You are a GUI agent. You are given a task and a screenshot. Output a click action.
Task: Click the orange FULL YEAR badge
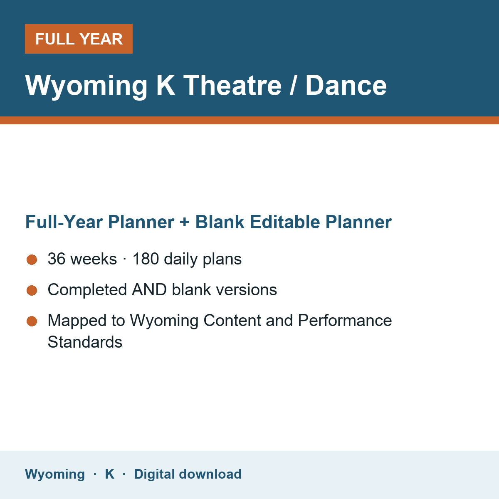79,39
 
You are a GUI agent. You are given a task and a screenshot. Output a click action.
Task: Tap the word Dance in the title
346,85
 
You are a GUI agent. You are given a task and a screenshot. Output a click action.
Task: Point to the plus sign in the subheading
184,222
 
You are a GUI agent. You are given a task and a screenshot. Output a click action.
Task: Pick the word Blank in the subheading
220,222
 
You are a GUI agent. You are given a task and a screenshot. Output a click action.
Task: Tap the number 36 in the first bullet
57,259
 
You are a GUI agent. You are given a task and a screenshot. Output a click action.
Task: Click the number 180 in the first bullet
146,259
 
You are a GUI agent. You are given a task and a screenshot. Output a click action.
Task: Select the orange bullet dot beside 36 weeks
32,260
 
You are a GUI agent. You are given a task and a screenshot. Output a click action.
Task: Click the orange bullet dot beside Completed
32,290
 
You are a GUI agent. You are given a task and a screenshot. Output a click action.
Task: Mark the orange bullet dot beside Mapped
32,321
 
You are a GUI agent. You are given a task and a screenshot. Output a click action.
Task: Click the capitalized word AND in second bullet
149,289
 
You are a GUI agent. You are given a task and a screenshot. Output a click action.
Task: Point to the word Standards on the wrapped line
85,342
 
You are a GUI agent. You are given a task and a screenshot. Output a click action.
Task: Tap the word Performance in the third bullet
345,320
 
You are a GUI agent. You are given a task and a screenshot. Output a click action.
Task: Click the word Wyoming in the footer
55,474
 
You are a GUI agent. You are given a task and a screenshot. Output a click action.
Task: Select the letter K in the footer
109,474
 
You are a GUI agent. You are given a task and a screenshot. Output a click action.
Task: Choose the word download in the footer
210,474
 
